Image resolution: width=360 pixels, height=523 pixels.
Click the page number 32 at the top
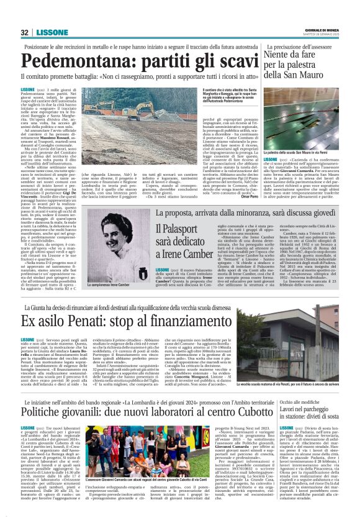[x=24, y=32]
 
